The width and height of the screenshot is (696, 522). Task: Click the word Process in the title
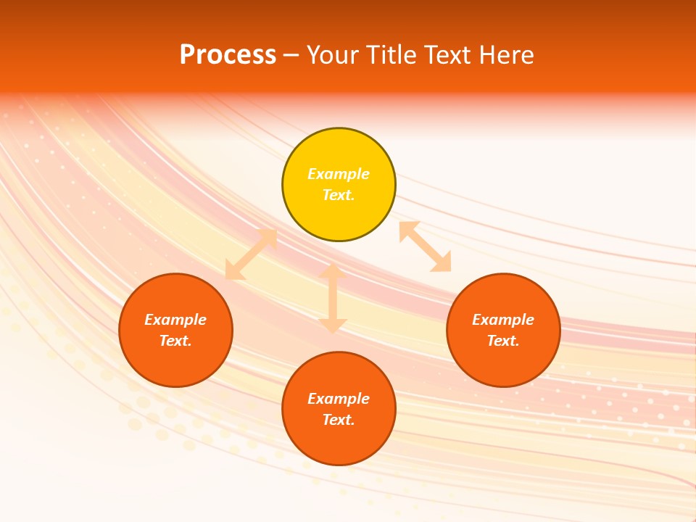228,55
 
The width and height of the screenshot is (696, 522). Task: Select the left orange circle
175,362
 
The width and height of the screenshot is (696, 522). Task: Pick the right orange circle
503,362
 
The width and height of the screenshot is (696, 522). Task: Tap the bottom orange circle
339,442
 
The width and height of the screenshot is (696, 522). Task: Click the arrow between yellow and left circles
251,254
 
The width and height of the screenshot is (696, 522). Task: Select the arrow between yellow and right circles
425,246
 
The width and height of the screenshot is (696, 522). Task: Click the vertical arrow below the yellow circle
333,298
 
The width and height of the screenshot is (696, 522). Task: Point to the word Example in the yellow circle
339,174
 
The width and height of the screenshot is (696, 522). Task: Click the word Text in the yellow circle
339,195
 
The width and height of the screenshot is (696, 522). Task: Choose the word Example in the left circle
175,320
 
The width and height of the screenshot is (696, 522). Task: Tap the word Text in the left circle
175,341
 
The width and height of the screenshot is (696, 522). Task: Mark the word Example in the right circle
503,320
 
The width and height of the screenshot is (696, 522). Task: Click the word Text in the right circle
503,341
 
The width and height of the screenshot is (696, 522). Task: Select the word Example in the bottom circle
339,399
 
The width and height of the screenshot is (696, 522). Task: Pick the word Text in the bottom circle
339,420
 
